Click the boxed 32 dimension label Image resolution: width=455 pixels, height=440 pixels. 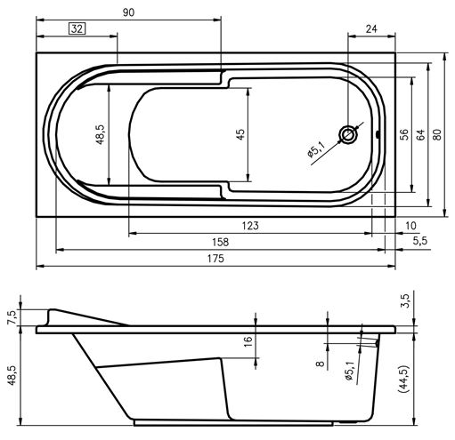coord(77,28)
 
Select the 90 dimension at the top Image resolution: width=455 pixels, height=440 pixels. coord(128,12)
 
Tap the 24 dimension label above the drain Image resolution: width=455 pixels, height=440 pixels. coord(371,28)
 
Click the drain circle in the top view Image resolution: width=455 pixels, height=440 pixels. coord(349,135)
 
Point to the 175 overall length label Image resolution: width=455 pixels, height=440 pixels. coord(215,259)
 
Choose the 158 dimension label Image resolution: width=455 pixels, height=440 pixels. coord(221,243)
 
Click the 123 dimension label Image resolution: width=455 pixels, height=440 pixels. coord(250,226)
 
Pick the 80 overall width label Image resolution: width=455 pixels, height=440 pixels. coord(437,135)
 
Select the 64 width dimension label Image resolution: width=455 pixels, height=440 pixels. coord(420,135)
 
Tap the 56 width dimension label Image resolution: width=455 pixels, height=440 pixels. coord(404,135)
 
